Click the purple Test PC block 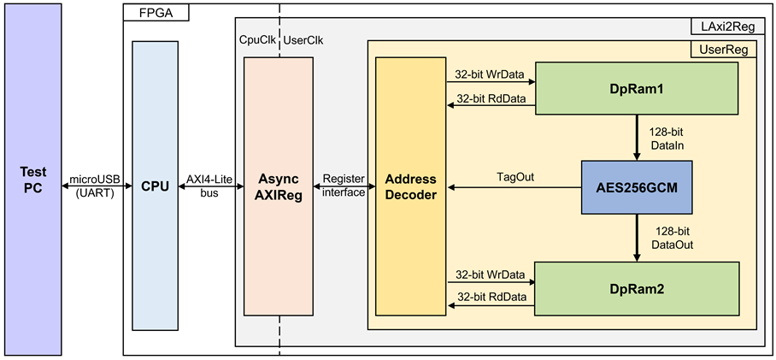tap(32, 180)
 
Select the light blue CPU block tap(155, 186)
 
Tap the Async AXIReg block tap(278, 186)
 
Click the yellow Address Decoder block tap(411, 186)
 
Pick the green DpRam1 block tap(638, 88)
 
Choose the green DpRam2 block tap(637, 289)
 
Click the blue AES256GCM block tap(636, 187)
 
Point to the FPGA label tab tap(156, 13)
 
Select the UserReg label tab tap(724, 49)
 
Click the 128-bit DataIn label tap(667, 139)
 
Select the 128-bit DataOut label tap(673, 238)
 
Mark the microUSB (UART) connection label tap(97, 186)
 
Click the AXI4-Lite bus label tap(209, 186)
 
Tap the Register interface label tap(343, 186)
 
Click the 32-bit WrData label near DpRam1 tap(489, 73)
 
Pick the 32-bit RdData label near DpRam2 tap(491, 297)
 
